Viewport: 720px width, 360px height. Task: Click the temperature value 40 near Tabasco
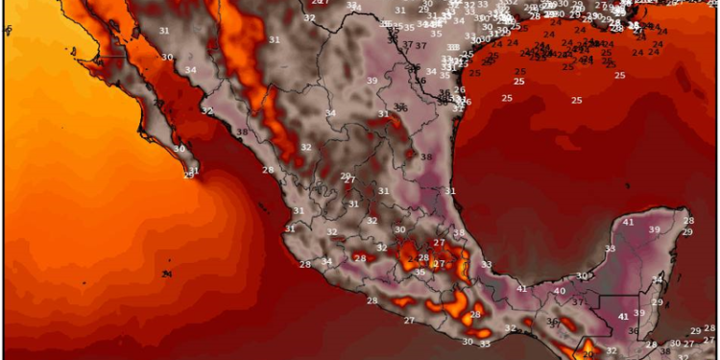(x=560, y=290)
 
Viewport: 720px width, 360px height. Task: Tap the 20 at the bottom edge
(x=588, y=354)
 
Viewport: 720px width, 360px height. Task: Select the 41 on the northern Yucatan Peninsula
(x=629, y=223)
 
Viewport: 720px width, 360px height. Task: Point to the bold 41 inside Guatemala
(x=623, y=316)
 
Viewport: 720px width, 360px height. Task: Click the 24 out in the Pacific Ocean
(x=167, y=275)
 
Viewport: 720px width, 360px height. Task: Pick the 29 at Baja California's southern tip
(x=190, y=173)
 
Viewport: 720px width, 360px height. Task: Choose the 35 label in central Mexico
(x=419, y=273)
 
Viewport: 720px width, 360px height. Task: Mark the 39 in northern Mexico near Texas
(x=372, y=82)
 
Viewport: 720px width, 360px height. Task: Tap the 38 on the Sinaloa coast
(x=242, y=132)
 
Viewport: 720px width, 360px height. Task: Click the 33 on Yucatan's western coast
(x=609, y=249)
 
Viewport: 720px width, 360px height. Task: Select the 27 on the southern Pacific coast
(x=409, y=320)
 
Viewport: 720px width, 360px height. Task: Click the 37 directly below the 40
(x=578, y=302)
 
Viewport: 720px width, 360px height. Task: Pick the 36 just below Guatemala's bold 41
(x=633, y=331)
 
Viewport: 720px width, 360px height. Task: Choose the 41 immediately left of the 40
(x=522, y=289)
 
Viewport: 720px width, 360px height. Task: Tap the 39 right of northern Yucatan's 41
(x=655, y=229)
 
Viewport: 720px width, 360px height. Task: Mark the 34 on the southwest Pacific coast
(x=327, y=261)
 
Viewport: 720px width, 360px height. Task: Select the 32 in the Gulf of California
(x=207, y=111)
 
